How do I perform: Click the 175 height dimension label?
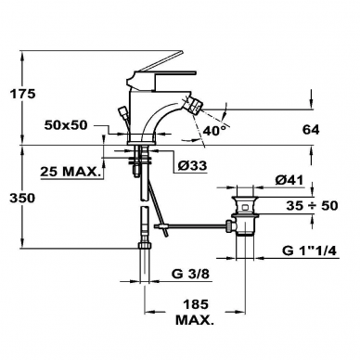coord(22,94)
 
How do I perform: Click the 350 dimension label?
coord(22,198)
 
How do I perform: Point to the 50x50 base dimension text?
coord(66,125)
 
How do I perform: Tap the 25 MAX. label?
coord(71,172)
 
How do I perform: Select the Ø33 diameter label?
coord(192,166)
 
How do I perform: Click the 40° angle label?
coord(214,131)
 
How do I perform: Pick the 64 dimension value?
coord(311,130)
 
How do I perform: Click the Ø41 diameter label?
coord(289,180)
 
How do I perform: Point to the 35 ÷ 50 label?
coord(312,205)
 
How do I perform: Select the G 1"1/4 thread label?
coord(309,251)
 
